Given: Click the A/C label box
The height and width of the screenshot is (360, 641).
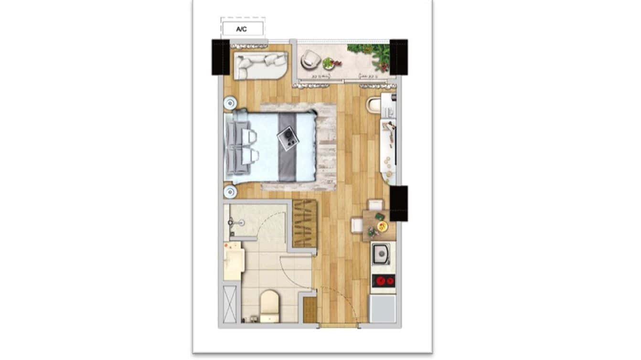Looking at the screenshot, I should pos(242,29).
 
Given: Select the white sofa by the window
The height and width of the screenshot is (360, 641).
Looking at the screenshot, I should pos(260,65).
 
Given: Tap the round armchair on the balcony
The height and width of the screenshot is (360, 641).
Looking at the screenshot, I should pos(310,59).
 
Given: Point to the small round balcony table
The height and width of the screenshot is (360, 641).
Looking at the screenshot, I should pos(328,63).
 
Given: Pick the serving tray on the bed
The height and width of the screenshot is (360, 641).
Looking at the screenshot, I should pos(288,139).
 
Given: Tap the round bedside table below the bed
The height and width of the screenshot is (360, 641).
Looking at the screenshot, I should pos(230,192).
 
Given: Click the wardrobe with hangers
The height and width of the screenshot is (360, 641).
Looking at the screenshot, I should pos(305,223).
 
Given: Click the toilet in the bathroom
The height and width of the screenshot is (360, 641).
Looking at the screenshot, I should pos(269,305).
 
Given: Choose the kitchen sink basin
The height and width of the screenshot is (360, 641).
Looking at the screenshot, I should pos(381,254).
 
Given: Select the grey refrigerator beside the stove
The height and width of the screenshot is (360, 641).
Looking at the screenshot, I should pos(383,309).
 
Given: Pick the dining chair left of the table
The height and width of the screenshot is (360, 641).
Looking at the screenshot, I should pos(356,225).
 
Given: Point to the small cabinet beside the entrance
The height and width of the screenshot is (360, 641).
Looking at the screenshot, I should pos(310,310).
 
